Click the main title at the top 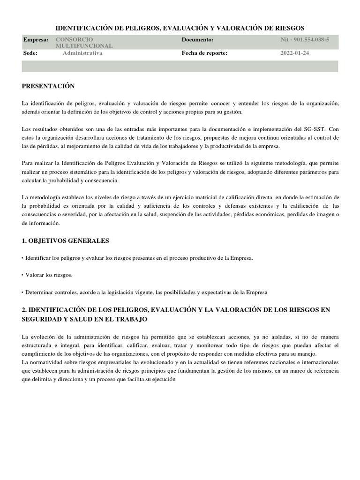click(x=180, y=28)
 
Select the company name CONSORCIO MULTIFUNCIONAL click(x=84, y=43)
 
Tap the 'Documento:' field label click(x=197, y=40)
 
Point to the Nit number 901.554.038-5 click(x=305, y=40)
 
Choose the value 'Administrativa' click(x=82, y=53)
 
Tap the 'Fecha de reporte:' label click(x=204, y=53)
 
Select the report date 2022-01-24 click(x=295, y=53)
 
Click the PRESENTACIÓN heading click(x=48, y=86)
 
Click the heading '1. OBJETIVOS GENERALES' click(x=65, y=240)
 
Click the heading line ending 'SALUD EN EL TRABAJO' click(x=85, y=319)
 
